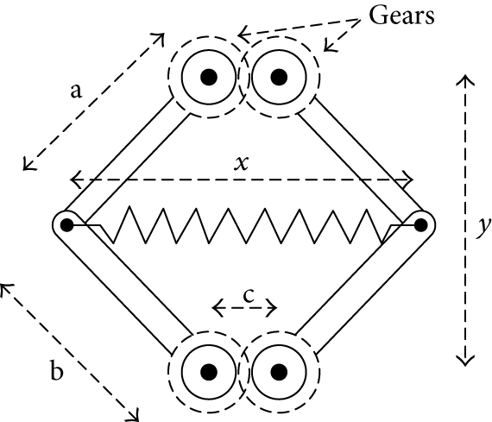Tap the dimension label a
click(x=77, y=92)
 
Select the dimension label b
click(x=57, y=373)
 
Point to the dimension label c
click(x=247, y=294)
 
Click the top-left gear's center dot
click(x=208, y=77)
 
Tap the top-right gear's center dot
click(x=278, y=77)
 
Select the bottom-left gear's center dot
click(x=208, y=372)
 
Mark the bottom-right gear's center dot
click(x=278, y=372)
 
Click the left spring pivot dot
click(x=66, y=225)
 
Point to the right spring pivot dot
click(x=420, y=225)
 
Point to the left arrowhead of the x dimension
click(x=74, y=180)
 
